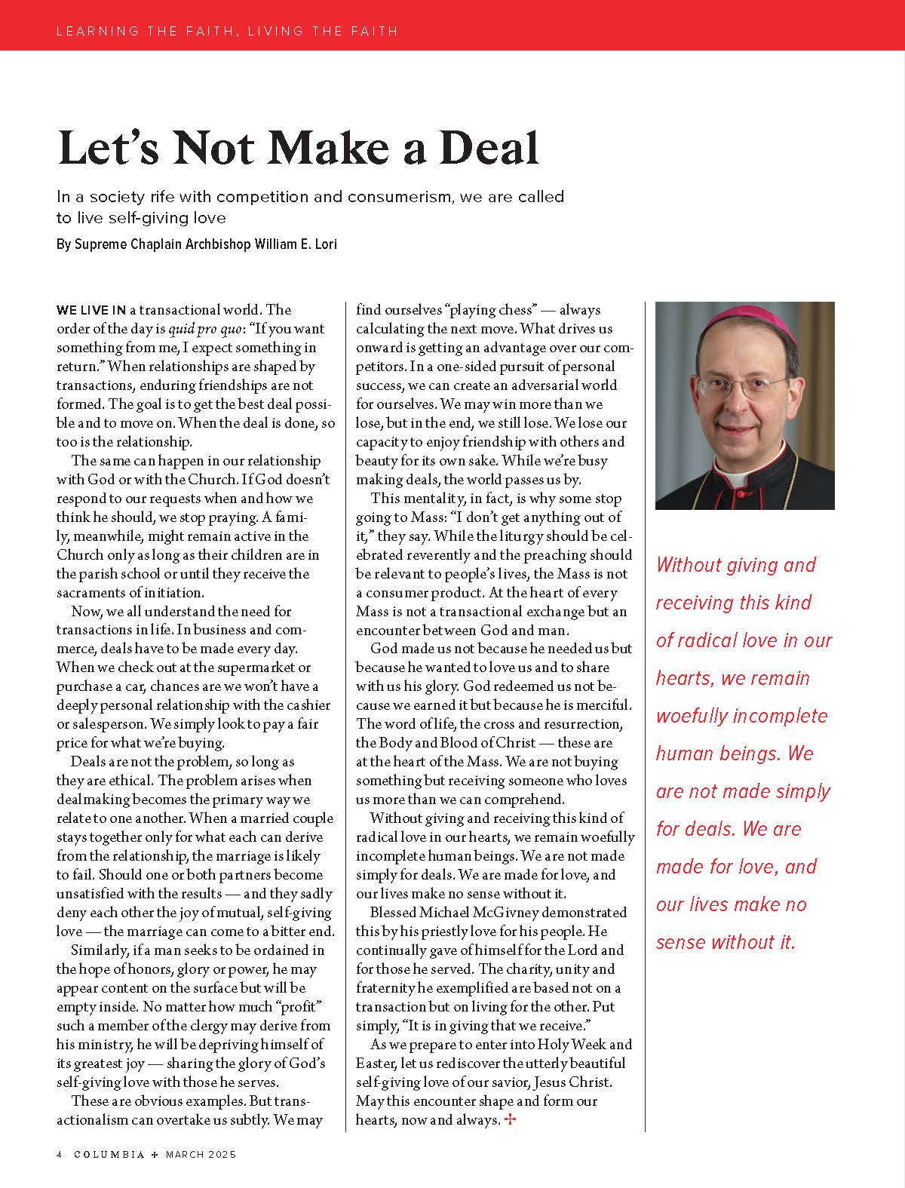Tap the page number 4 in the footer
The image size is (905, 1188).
pyautogui.click(x=59, y=1155)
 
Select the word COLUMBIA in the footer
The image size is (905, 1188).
pyautogui.click(x=109, y=1155)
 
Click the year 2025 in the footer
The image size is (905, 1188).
pyautogui.click(x=223, y=1155)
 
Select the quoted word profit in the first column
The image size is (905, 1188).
pyautogui.click(x=296, y=1007)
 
